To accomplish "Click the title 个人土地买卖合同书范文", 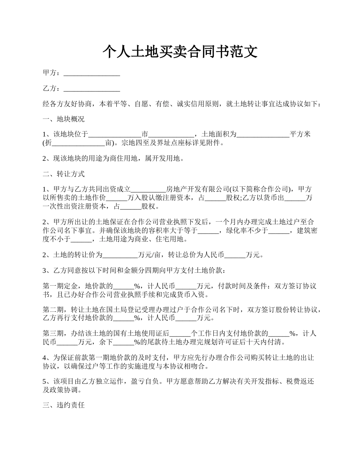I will (x=180, y=52).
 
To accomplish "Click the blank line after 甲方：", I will (x=92, y=73).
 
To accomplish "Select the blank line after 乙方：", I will (x=92, y=89).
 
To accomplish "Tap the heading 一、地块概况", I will (x=64, y=119).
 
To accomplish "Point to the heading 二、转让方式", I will (x=64, y=174).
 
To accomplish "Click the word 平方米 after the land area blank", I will (x=300, y=134).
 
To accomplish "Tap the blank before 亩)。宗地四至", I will (x=78, y=143).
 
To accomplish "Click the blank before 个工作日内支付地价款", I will (x=180, y=334).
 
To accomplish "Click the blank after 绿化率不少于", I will (x=279, y=231).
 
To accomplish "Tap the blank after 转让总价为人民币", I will (x=235, y=255).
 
